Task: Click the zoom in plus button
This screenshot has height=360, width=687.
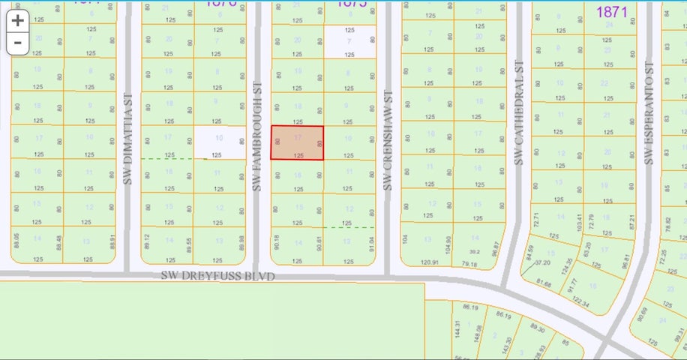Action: point(18,21)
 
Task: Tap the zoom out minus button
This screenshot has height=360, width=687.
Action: point(18,43)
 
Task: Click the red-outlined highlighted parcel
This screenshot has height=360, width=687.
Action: point(297,142)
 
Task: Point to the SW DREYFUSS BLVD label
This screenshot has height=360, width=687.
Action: point(218,276)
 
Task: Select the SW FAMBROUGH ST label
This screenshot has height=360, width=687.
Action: point(256,136)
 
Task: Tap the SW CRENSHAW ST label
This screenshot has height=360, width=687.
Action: point(388,140)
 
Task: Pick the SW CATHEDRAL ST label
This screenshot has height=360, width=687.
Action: point(518,113)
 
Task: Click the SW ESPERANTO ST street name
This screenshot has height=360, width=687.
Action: point(649,113)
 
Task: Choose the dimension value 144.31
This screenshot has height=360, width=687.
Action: point(457,329)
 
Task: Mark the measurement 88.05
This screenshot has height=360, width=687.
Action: point(16,240)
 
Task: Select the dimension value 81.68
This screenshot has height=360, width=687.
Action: point(551,284)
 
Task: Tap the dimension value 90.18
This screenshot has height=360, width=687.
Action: point(277,241)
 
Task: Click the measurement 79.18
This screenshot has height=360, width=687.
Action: point(470,264)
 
